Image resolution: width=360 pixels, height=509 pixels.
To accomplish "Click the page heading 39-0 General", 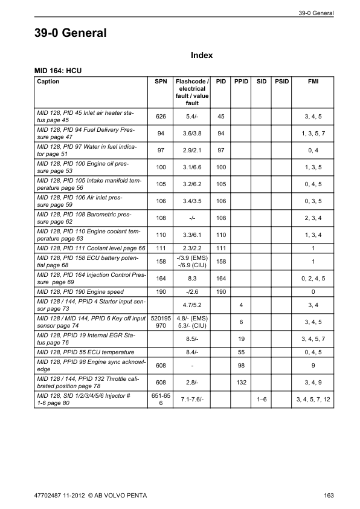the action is click(71, 33).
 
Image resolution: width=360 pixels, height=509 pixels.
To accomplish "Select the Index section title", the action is click(201, 55).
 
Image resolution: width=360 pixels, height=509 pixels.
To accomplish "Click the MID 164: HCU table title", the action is click(59, 71).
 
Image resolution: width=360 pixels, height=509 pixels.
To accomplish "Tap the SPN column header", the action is click(161, 81).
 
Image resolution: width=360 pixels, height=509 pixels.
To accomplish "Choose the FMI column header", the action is click(313, 81).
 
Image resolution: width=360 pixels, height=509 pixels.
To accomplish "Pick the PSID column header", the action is click(281, 81).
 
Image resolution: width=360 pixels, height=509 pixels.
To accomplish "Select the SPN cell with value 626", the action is click(161, 116).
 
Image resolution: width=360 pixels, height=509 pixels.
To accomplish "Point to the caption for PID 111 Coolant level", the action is click(91, 248).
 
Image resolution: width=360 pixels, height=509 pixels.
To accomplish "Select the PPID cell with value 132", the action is click(241, 383).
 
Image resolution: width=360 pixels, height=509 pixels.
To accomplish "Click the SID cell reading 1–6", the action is click(262, 400).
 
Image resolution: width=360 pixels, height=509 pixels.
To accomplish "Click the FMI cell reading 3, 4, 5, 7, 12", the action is click(313, 400).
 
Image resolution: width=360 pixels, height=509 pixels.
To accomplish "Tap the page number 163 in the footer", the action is click(329, 496).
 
